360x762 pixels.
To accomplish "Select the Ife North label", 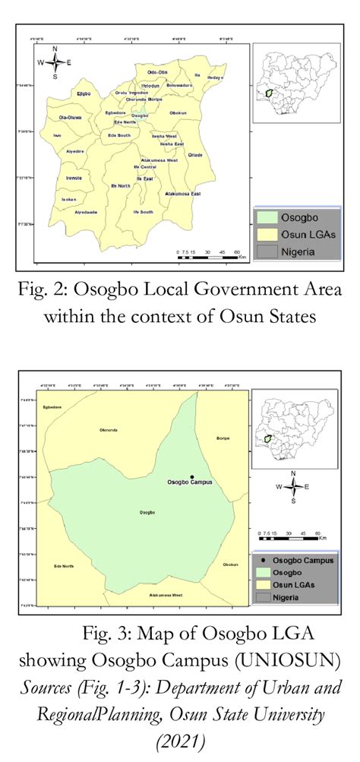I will [x=120, y=185].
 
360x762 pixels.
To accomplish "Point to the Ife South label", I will [x=143, y=211].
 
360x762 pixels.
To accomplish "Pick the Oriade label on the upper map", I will [x=195, y=154].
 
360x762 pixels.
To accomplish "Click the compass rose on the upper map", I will [x=55, y=63].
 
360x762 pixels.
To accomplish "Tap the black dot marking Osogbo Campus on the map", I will [x=191, y=476].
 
